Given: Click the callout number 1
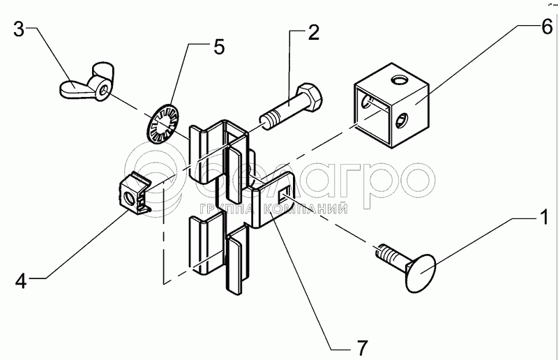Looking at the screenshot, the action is [544, 217].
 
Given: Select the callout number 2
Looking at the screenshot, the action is [313, 32].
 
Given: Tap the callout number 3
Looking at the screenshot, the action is [20, 29].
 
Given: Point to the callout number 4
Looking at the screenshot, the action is [21, 280].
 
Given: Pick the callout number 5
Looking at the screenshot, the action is [219, 47].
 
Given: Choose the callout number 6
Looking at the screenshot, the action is [548, 27].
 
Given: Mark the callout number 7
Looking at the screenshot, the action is [361, 347].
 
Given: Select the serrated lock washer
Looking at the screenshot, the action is [163, 123].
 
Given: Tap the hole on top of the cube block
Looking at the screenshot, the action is [399, 81].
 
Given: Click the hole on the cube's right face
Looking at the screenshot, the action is [401, 121].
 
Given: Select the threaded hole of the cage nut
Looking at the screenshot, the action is [130, 197].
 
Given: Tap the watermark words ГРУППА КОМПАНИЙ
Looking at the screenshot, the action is [273, 209].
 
